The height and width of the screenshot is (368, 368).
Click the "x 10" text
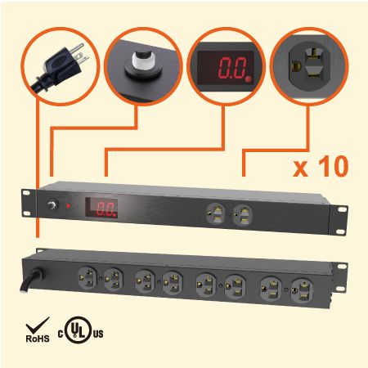(x=320, y=168)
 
